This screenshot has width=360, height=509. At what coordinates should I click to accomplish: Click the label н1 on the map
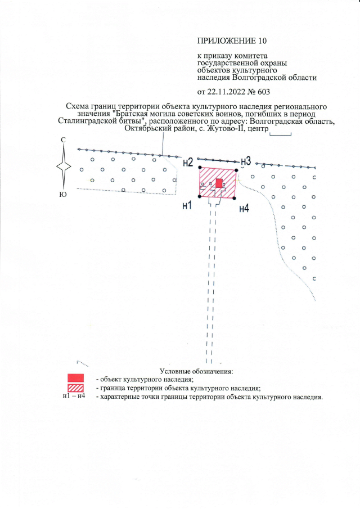[187, 205]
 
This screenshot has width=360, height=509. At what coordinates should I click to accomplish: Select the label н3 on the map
[245, 160]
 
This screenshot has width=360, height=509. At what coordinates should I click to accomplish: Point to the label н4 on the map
[244, 209]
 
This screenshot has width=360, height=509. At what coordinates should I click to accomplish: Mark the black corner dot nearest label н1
[200, 196]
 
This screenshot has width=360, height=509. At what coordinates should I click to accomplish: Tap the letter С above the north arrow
[64, 139]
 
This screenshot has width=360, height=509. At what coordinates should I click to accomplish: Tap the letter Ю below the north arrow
[64, 196]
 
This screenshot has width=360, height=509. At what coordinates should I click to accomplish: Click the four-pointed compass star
[65, 167]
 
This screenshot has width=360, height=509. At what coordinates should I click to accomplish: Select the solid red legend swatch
[75, 378]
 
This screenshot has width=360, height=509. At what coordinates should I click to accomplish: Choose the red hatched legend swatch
[75, 388]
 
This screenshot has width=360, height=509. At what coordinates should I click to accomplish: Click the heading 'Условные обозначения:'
[196, 371]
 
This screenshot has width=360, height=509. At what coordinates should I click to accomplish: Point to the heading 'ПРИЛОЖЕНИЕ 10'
[230, 41]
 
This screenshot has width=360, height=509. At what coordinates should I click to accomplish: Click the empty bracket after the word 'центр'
[281, 134]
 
